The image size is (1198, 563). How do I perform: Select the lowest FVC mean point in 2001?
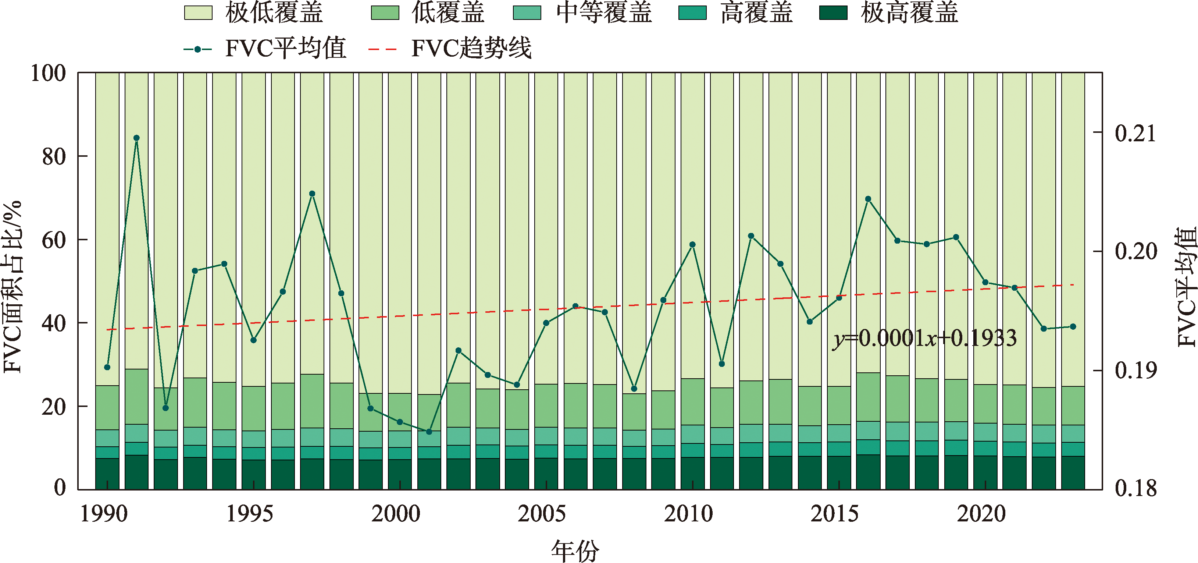click(x=429, y=432)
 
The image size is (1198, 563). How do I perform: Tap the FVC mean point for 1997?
click(x=312, y=194)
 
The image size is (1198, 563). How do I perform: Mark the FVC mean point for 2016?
click(x=868, y=199)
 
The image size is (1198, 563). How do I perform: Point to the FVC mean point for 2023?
click(x=1073, y=327)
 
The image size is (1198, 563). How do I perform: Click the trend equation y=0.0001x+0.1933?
click(x=924, y=338)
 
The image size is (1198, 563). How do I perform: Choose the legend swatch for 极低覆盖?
click(x=198, y=13)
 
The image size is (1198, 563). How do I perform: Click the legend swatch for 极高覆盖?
click(x=833, y=13)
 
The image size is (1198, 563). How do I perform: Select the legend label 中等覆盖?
click(x=604, y=13)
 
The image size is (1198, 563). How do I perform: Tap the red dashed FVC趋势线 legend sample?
click(x=382, y=49)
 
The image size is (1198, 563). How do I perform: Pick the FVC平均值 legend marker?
click(x=198, y=49)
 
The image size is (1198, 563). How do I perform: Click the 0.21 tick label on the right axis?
click(x=1135, y=134)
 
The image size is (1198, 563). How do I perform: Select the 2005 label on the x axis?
click(x=541, y=514)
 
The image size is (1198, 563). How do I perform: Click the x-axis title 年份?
click(x=575, y=550)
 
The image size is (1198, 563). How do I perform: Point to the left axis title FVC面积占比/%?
click(x=13, y=287)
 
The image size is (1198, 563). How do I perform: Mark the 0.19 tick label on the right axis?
click(x=1135, y=371)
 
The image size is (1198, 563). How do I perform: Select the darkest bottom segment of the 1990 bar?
click(x=107, y=474)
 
